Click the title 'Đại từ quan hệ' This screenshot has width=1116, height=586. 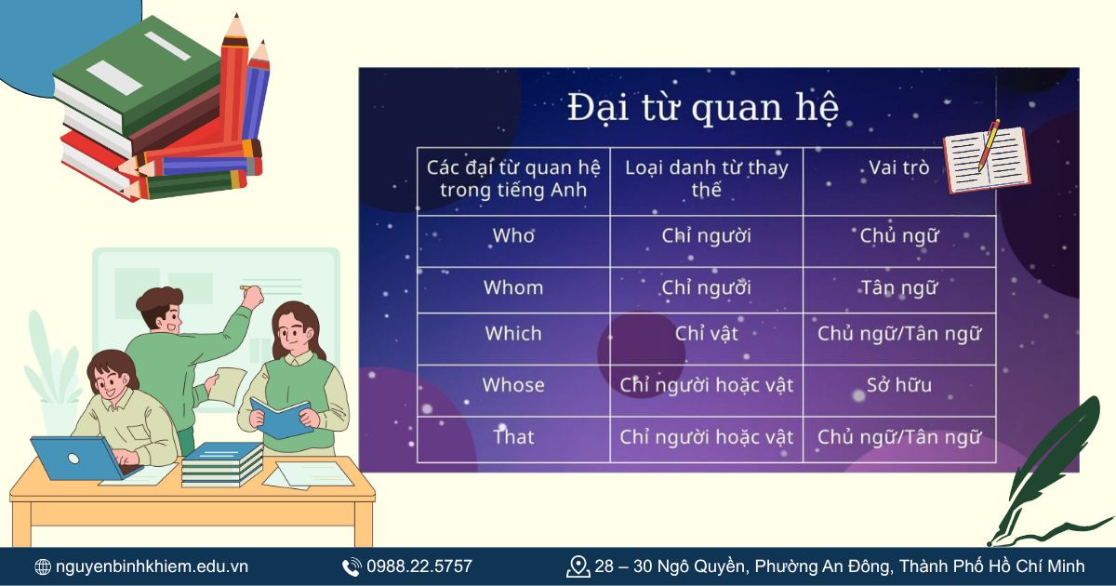pos(703,108)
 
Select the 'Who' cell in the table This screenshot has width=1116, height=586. pos(513,236)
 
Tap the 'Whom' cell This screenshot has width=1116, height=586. pos(513,287)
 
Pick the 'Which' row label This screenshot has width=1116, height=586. pos(513,333)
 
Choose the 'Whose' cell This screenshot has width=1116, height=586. pos(513,385)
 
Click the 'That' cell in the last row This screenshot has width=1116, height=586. pos(513,436)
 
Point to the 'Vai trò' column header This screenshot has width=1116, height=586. pos(898,168)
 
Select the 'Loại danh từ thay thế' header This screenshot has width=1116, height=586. pos(706,179)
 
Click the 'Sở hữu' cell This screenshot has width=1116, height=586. pos(898,385)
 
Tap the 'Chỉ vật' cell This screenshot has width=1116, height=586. pos(706,333)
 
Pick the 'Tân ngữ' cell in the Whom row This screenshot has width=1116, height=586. pos(898,287)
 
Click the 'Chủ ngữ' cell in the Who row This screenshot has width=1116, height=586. pos(898,236)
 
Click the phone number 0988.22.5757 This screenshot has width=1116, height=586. pos(418,566)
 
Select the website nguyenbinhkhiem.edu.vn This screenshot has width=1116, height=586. pos(152,566)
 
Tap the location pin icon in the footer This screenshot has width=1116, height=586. pos(578,566)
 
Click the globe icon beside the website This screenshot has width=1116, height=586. pos(43,566)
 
